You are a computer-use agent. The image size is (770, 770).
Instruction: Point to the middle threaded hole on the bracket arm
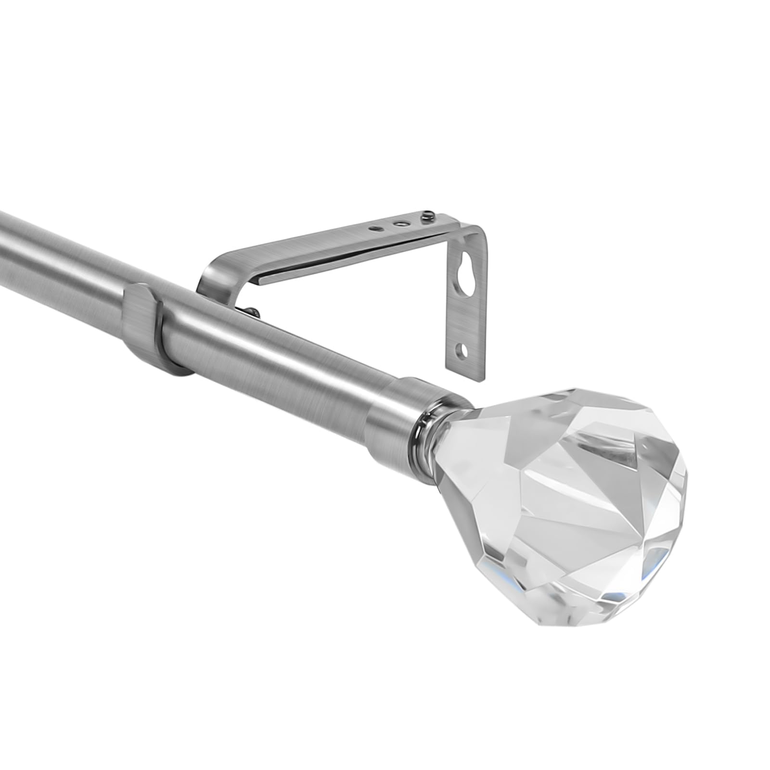398,223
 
